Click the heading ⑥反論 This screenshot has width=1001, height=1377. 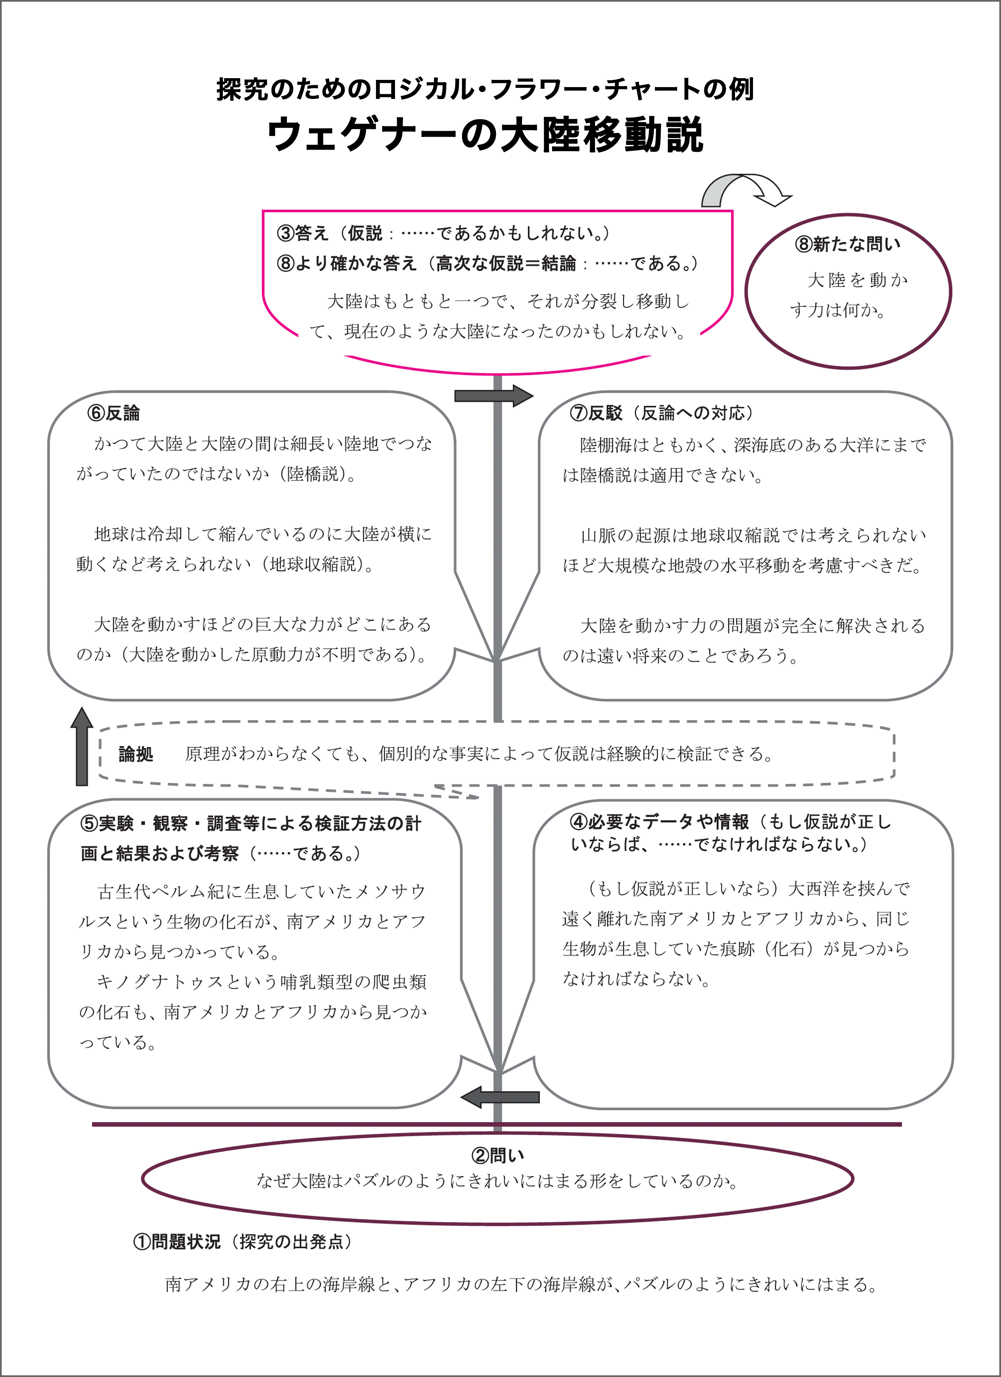113,413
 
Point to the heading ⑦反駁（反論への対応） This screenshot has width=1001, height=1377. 662,413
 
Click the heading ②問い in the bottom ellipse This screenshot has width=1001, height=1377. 498,1155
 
